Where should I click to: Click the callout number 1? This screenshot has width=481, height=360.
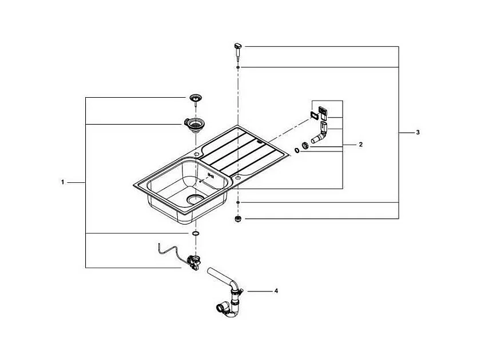click(x=62, y=182)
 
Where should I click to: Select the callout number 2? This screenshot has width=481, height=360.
click(x=361, y=145)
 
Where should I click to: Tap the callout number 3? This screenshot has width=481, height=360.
click(x=418, y=133)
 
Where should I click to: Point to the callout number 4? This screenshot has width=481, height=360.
click(x=276, y=291)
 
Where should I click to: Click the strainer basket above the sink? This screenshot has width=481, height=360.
click(x=194, y=99)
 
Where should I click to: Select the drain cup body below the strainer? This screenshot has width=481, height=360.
click(x=192, y=125)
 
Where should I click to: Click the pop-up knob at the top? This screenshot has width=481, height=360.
click(x=238, y=50)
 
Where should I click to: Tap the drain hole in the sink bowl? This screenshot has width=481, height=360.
click(x=195, y=199)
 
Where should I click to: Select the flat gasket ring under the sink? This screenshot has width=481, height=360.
click(x=195, y=234)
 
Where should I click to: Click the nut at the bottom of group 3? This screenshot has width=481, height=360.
click(x=238, y=219)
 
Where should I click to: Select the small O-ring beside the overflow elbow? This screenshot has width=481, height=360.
click(x=297, y=150)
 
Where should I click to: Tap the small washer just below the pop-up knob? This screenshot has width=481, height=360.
click(x=238, y=67)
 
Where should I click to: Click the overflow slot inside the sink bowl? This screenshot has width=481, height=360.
click(x=210, y=175)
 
